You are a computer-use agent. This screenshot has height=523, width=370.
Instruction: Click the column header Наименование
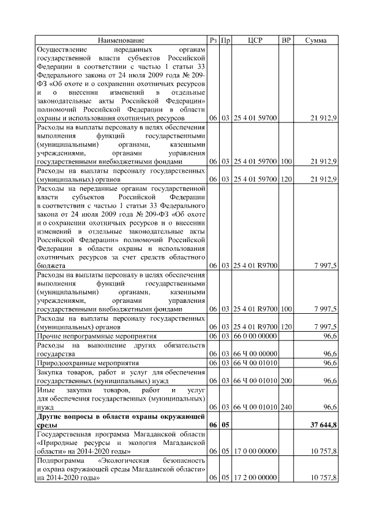(x=121, y=40)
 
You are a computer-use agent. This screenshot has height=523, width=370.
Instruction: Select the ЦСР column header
(x=256, y=40)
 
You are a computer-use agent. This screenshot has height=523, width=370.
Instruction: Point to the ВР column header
(x=286, y=40)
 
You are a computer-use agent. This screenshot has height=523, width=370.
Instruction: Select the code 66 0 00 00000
(x=256, y=336)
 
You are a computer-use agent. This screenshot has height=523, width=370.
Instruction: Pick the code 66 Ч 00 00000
(x=256, y=353)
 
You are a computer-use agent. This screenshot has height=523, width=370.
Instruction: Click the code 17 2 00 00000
(x=256, y=477)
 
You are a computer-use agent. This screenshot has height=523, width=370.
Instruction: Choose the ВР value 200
(x=286, y=381)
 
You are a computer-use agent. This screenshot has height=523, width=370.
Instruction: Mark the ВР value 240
(x=286, y=407)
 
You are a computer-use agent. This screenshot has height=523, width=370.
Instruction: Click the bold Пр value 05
(x=226, y=425)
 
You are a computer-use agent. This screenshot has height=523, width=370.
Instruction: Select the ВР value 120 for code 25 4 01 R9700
(x=286, y=327)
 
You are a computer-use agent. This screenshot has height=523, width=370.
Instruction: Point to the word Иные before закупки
(x=46, y=391)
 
